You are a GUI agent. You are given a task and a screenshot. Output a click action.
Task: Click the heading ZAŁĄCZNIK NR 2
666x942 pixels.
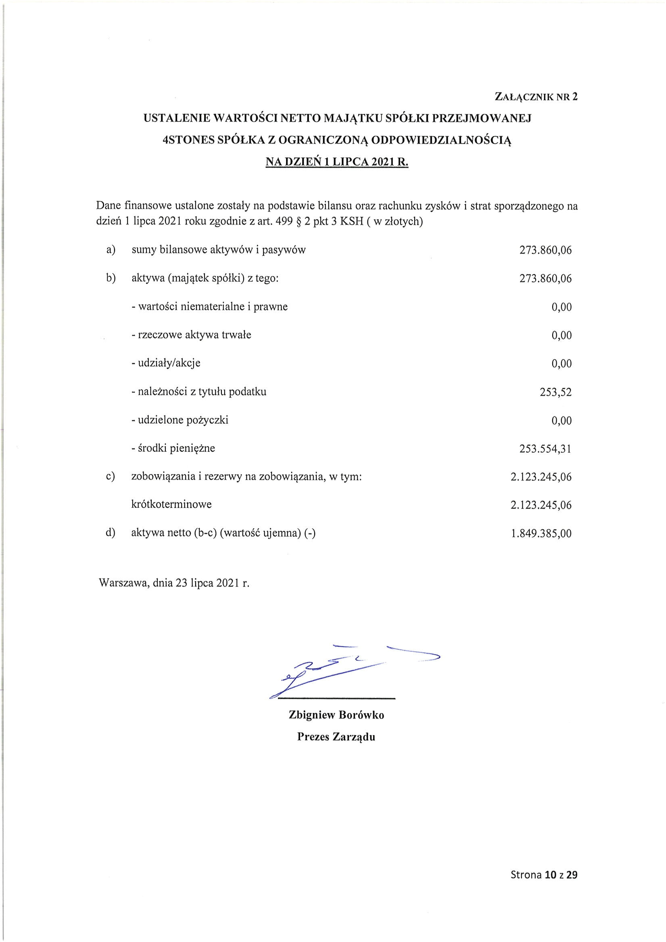(536, 97)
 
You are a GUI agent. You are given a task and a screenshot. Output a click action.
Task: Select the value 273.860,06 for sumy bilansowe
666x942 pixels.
(545, 250)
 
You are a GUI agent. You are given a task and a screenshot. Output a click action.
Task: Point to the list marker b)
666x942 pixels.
(111, 278)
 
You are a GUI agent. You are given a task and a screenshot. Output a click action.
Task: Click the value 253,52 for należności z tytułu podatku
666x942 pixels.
(555, 392)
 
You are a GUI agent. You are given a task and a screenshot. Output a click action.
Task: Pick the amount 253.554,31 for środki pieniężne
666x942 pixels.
(545, 449)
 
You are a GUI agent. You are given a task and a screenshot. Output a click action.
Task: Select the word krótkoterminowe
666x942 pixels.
(171, 504)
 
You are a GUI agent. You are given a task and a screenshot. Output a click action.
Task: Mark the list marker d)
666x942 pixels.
(111, 533)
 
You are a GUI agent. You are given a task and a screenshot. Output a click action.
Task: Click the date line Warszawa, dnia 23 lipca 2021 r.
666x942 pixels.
(174, 583)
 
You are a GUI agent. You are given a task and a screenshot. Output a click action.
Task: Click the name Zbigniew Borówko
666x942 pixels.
(336, 715)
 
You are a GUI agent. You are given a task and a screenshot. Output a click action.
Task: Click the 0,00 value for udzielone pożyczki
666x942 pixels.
(561, 420)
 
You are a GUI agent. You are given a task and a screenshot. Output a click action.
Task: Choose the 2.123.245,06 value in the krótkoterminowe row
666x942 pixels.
(541, 505)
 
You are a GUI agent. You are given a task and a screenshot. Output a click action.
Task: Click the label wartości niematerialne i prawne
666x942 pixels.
(210, 307)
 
